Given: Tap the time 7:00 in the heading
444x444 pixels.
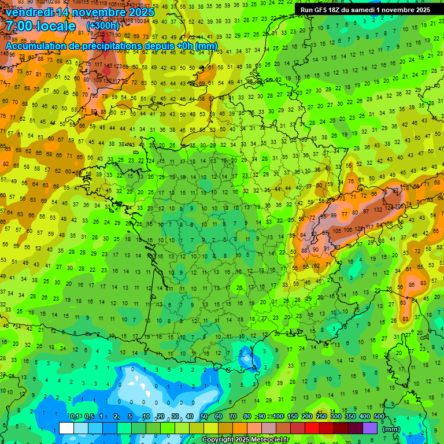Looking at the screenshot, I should [18, 26].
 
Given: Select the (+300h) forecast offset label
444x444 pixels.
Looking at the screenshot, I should [103, 26].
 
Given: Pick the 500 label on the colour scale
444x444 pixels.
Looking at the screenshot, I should [379, 417].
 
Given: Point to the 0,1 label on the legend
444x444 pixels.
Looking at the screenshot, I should [74, 417].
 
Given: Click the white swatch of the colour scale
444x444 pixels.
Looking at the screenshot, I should [66, 428].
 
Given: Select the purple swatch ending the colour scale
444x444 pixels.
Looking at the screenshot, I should [370, 428].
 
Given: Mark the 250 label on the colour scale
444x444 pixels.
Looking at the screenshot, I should [321, 417].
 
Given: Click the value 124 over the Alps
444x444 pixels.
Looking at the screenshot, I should [388, 208].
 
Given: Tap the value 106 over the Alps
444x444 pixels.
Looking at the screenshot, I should [347, 230].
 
